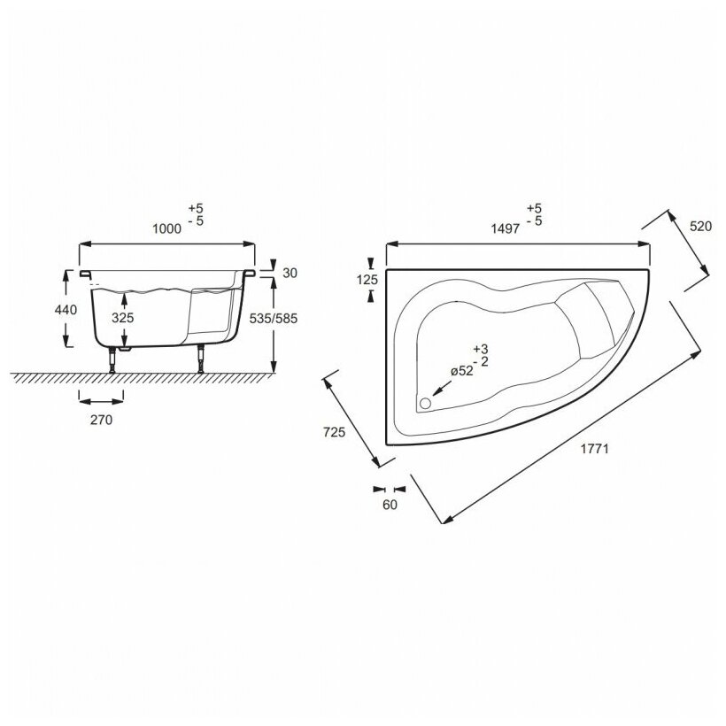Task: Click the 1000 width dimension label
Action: click(x=167, y=228)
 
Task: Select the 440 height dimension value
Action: click(x=66, y=309)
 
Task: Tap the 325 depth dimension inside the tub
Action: click(x=123, y=318)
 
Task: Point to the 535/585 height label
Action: click(x=274, y=319)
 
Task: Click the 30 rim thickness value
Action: click(x=290, y=274)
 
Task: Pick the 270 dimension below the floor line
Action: click(x=102, y=420)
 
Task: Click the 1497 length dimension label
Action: click(x=506, y=228)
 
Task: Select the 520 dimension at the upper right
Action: click(x=700, y=227)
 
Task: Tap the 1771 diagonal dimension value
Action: click(x=595, y=449)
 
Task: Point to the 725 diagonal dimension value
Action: click(x=335, y=432)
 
